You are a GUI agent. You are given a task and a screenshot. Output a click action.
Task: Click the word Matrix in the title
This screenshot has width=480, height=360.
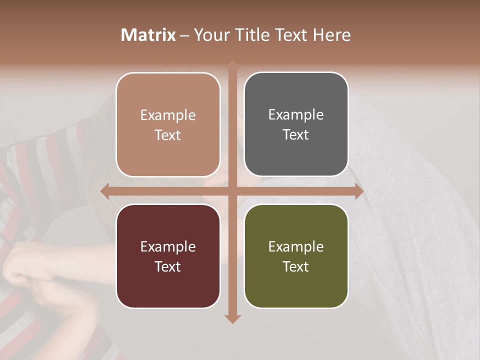(148, 35)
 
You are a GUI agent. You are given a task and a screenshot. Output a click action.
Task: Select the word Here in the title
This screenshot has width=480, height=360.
(332, 35)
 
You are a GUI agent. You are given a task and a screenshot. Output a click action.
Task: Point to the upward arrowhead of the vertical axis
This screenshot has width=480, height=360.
(232, 64)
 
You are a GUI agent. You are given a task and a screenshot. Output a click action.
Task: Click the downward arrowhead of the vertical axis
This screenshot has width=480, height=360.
(232, 319)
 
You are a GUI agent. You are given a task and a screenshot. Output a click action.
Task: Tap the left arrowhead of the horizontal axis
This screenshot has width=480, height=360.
(104, 191)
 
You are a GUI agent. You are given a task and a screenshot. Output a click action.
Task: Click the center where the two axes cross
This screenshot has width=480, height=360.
(232, 191)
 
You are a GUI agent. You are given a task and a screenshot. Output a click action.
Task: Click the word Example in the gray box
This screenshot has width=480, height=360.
(296, 115)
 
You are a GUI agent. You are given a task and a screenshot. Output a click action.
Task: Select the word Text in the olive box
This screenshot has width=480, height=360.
(296, 266)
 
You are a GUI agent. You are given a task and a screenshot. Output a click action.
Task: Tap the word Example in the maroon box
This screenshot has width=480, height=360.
(168, 247)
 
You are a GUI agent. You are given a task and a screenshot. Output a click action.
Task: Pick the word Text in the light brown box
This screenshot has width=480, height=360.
(168, 135)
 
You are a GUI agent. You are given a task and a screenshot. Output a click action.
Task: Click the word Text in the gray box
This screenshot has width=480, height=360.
(296, 135)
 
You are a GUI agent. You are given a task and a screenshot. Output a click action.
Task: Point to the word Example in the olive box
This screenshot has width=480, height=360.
(296, 247)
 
